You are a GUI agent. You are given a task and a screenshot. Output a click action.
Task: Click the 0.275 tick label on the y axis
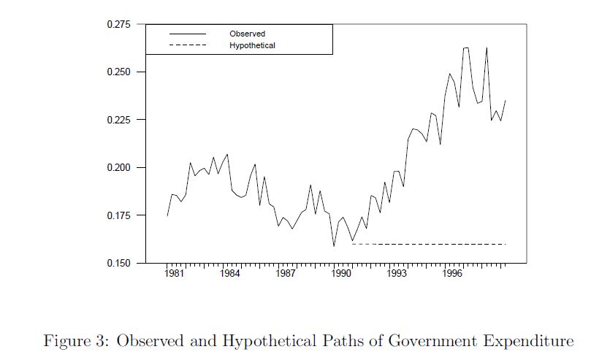point(119,25)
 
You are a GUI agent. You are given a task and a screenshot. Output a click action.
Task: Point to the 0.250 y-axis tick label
point(119,72)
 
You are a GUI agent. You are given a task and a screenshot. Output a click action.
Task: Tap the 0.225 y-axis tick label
point(119,120)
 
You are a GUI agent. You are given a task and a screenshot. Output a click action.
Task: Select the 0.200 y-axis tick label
point(119,168)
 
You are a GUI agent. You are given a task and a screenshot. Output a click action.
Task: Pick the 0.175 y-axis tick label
point(119,215)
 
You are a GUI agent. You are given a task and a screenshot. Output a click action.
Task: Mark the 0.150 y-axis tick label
point(119,263)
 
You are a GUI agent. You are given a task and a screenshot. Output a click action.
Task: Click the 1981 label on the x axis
point(173,275)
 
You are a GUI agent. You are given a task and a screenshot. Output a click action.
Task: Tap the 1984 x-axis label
point(229,275)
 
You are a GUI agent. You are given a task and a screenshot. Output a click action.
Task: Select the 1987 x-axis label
point(286,275)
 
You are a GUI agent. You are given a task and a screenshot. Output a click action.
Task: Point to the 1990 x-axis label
point(341,275)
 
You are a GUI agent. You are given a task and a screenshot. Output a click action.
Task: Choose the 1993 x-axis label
point(397,275)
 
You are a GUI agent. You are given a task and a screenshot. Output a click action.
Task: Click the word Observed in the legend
point(247,34)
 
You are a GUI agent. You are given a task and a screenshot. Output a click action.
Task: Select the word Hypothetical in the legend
point(252,45)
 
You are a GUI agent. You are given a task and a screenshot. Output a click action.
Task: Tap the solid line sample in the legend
point(188,34)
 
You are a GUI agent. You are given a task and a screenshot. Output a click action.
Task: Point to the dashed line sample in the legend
point(188,45)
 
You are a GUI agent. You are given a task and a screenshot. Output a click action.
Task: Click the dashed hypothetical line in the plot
point(431,244)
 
